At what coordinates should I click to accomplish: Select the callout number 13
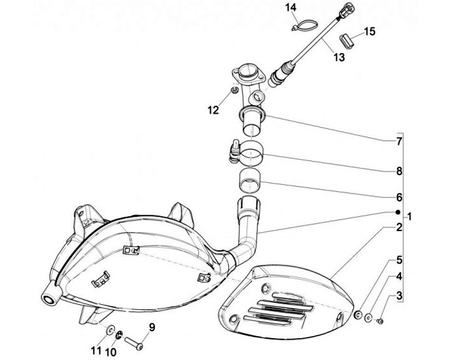pyautogui.click(x=339, y=57)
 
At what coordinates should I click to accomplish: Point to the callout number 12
pyautogui.click(x=213, y=110)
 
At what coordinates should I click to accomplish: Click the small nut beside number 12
pyautogui.click(x=233, y=91)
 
